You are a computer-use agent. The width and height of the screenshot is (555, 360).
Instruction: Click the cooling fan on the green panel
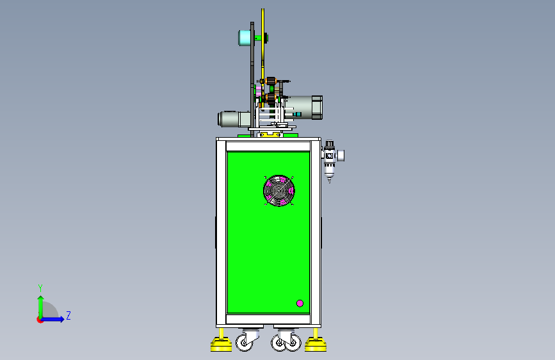point(279,191)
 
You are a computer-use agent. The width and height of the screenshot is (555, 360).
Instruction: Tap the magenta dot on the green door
point(300,303)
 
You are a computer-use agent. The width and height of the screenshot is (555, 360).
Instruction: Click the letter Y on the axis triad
point(40,288)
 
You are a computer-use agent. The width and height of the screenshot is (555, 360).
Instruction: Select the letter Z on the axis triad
point(68,315)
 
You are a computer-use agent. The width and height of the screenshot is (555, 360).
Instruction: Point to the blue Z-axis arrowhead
point(62,319)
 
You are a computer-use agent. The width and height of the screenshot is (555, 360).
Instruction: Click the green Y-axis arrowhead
point(41,299)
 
